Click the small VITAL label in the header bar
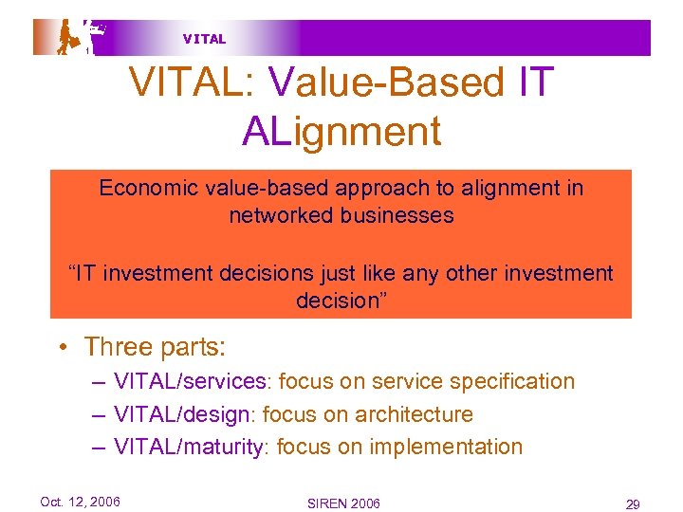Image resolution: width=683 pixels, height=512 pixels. point(204,39)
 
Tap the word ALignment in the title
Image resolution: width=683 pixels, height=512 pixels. point(341,130)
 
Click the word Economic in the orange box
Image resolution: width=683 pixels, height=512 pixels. point(148,188)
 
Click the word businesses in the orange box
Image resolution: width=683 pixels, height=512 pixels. point(397,215)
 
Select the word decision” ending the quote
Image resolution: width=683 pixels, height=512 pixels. point(341,301)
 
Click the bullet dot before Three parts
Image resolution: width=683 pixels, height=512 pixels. point(60,348)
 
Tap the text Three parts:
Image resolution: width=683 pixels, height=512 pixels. point(155,347)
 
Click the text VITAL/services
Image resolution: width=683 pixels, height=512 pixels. point(189,382)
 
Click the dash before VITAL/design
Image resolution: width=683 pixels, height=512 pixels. point(100,414)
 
